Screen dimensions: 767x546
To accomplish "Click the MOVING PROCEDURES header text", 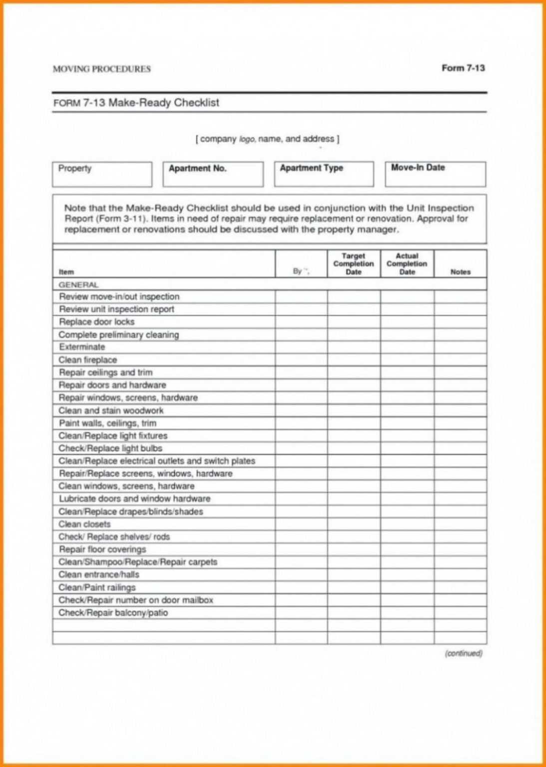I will pos(101,69).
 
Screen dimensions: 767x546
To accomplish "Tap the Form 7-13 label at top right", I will pos(463,68).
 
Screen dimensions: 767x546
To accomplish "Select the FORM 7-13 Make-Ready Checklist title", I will pos(136,103).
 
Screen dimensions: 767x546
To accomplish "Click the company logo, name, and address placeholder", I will pos(267,139).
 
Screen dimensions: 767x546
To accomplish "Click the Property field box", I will pos(102,174).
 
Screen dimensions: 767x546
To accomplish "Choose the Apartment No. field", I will pos(213,174).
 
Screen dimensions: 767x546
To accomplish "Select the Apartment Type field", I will pos(324,174).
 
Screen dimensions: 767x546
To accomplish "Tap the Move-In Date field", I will pos(435,174).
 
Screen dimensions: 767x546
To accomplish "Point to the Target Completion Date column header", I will pos(353,264).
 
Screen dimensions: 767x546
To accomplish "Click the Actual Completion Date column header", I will pos(407,264).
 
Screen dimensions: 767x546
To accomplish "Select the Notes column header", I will pos(460,272).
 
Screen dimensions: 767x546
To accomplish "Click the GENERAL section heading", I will pos(78,285).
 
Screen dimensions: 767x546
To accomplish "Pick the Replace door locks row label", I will pos(96,322).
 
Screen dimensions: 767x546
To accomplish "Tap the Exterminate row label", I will pos(82,347).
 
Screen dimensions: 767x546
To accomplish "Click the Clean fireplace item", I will pos(88,360).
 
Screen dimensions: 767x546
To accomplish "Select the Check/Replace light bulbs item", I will pos(110,448).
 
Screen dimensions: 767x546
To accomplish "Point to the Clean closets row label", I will pos(84,524).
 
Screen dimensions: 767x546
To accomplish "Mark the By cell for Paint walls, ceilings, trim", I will pos(301,423).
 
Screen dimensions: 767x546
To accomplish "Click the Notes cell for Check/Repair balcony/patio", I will pos(460,613).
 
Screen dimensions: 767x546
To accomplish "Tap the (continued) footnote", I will pos(463,653).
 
